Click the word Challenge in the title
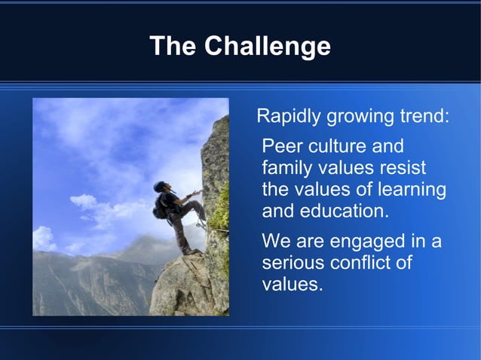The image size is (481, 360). click(x=268, y=47)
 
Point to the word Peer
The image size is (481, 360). click(x=280, y=146)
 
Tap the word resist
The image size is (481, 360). click(x=402, y=168)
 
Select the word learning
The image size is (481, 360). click(x=411, y=190)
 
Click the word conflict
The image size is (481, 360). click(x=365, y=264)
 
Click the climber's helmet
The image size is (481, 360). click(x=159, y=185)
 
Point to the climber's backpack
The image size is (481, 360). click(x=161, y=207)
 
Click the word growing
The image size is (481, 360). click(x=359, y=117)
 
